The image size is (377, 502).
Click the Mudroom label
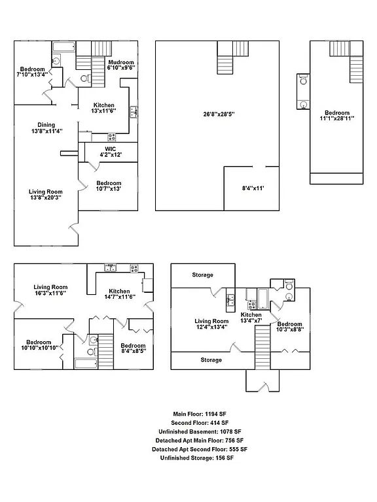121,64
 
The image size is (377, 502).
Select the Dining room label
46,128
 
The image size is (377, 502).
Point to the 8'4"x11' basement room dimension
252,188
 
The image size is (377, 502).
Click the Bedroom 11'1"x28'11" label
337,116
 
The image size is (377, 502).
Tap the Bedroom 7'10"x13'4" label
32,72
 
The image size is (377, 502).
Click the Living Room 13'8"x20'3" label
45,195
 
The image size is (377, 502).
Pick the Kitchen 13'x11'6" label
104,109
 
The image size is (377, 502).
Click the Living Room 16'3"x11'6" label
51,290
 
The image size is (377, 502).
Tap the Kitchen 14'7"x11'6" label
119,295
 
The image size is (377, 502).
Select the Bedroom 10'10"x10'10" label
39,345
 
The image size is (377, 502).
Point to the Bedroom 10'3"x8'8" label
289,327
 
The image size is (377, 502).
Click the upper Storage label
202,275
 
